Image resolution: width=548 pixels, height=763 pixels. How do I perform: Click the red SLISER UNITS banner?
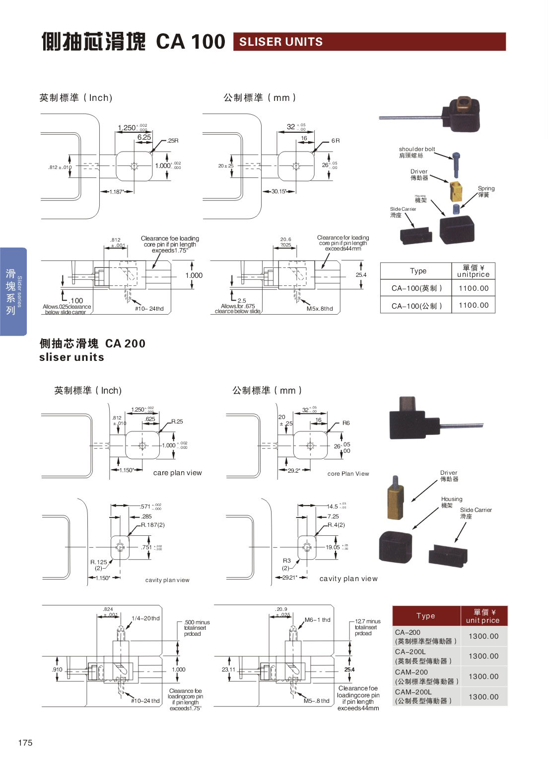369,42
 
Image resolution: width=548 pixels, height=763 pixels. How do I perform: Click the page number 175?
25,743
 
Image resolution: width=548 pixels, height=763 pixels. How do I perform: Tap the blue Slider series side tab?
13,291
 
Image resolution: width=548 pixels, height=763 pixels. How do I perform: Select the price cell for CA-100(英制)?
473,288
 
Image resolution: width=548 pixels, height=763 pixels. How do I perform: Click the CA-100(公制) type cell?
416,306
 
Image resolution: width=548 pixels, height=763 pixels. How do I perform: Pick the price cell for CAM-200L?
483,696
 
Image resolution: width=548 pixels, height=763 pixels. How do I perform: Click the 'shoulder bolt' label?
416,149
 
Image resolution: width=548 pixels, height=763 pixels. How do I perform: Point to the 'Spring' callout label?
486,188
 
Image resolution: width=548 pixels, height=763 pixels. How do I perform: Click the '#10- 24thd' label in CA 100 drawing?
149,309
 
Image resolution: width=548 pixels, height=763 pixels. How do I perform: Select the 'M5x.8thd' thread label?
320,309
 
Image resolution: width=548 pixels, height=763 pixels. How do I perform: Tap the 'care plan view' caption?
177,473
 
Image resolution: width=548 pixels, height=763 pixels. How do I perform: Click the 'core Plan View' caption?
348,474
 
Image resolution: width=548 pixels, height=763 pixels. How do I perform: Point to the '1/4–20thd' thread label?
145,618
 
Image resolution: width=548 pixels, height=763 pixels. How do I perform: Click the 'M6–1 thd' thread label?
317,620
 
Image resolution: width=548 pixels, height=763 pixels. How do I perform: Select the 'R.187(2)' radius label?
153,525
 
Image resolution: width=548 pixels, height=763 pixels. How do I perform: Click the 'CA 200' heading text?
125,343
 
